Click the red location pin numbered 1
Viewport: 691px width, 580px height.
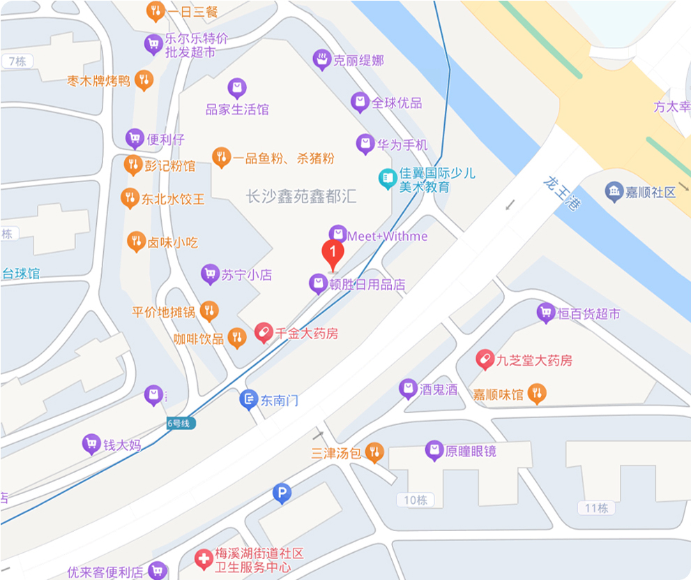333,253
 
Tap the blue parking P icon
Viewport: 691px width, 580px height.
282,493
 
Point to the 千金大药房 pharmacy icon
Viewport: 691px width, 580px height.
264,333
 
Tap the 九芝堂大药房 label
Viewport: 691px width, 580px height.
534,360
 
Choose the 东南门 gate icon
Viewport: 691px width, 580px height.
249,400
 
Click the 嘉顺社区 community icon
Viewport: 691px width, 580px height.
614,192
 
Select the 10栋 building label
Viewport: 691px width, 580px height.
415,500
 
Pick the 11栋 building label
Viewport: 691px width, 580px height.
597,507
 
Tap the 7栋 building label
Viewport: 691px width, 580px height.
16,61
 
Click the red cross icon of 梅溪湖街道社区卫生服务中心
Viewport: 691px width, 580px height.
204,558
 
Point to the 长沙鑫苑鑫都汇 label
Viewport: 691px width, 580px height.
301,196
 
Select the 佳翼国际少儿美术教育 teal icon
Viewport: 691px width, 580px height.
387,179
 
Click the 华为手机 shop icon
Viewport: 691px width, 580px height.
365,144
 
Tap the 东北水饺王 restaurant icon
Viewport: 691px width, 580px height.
130,198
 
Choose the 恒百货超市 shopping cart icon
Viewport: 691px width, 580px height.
546,313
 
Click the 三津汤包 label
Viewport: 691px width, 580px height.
336,453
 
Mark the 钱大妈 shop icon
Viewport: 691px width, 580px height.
91,443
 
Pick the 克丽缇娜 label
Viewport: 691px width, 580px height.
358,61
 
